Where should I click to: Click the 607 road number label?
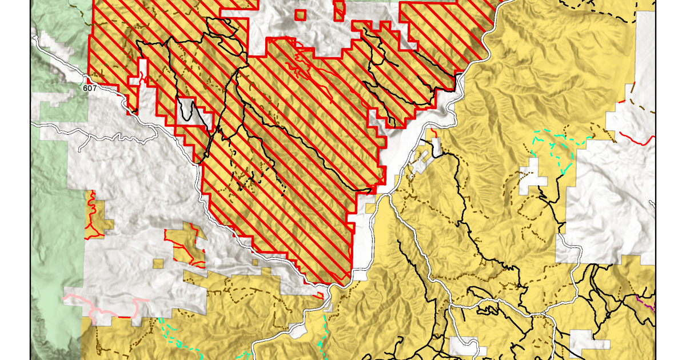[89, 88]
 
